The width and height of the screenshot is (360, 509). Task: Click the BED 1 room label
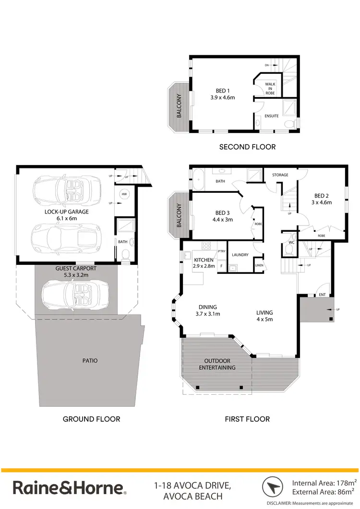coord(221,90)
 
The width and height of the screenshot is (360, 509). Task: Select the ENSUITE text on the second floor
coord(272,116)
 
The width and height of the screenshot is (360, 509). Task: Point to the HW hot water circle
coord(124,194)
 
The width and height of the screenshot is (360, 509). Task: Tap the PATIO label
coord(90,360)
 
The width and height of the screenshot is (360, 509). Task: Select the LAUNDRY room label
coord(240,255)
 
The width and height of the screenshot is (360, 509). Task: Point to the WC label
coord(290,242)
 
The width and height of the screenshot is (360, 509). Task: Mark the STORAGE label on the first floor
coord(280,175)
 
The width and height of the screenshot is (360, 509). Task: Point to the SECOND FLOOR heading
coord(247,147)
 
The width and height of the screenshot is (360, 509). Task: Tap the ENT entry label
coord(322,295)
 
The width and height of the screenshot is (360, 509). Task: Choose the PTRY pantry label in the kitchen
coord(221,251)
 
